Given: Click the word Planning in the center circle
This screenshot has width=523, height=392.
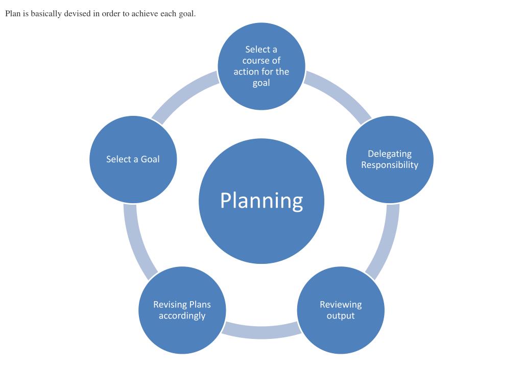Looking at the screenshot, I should (x=261, y=201).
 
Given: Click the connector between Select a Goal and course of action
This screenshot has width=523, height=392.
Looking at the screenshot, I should (x=184, y=95).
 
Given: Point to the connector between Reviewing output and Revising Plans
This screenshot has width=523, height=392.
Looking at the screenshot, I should (x=261, y=331).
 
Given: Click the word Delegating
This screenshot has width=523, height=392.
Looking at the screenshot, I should (x=390, y=154).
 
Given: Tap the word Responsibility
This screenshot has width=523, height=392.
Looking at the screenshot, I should (x=390, y=165).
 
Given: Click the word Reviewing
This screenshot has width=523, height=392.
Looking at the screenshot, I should (x=341, y=305).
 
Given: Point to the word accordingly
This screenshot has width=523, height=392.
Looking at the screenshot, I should (x=182, y=316).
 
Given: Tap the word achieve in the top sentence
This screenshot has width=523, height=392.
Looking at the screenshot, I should (x=145, y=14).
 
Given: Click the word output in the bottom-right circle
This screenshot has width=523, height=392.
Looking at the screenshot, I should (x=341, y=316).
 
